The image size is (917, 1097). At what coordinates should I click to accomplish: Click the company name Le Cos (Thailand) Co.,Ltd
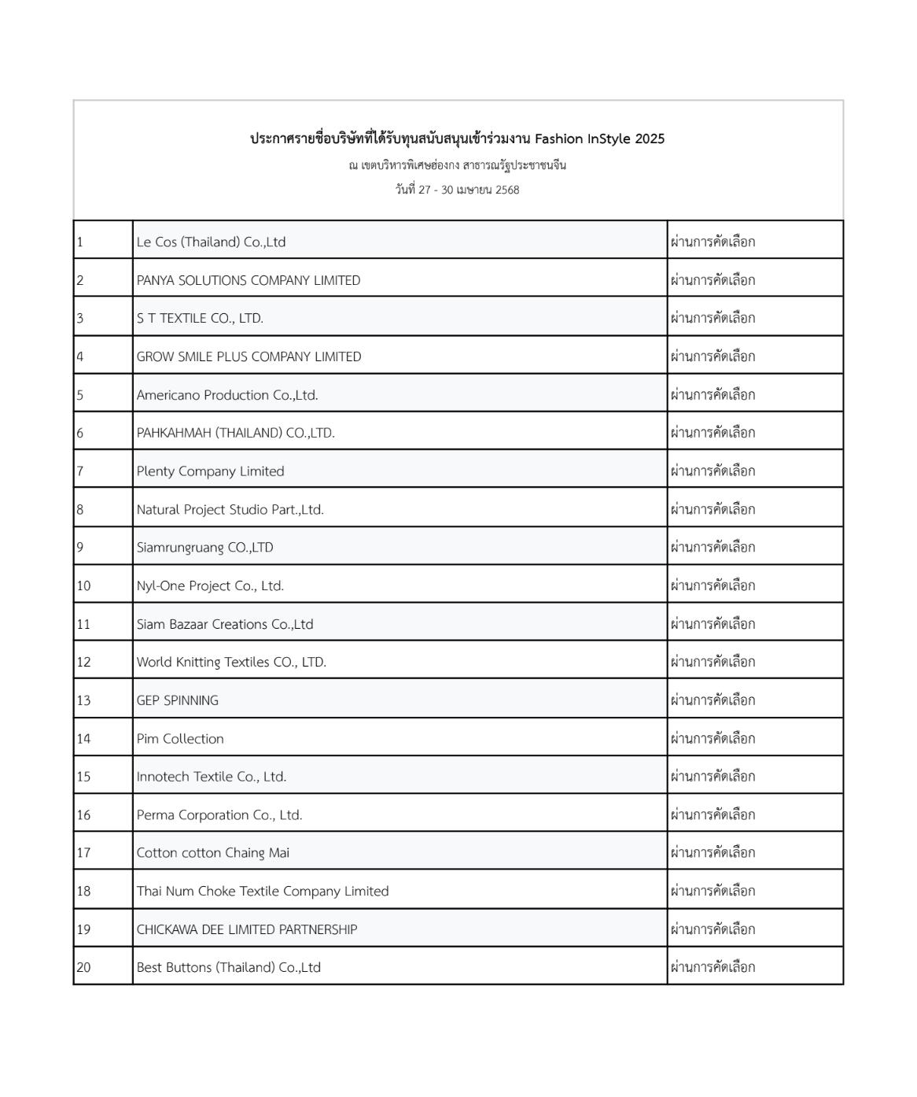click(x=211, y=242)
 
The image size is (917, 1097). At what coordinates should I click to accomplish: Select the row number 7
click(x=80, y=471)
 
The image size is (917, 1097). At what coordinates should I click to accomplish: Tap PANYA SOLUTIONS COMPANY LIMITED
click(x=249, y=281)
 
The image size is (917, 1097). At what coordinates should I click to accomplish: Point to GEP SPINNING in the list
click(x=178, y=700)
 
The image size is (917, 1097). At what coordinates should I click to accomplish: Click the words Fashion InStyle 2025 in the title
click(x=599, y=139)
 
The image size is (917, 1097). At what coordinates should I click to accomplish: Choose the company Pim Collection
click(x=180, y=739)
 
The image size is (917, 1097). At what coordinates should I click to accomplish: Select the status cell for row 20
click(x=713, y=968)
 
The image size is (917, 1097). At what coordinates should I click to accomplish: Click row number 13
click(x=83, y=700)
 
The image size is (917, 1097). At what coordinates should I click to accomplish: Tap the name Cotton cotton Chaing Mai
click(x=213, y=853)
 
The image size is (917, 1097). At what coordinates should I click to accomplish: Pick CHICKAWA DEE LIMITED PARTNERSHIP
click(x=247, y=929)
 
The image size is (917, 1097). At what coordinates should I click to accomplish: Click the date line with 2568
click(x=457, y=190)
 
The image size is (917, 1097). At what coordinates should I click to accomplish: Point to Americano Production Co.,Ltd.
click(x=227, y=395)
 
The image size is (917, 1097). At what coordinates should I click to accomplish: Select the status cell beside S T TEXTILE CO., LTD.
click(x=713, y=319)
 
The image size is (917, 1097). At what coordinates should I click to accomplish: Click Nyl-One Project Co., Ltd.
click(x=210, y=586)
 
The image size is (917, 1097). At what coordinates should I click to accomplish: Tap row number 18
click(x=83, y=892)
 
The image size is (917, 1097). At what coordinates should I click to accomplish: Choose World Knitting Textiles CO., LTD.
click(x=231, y=663)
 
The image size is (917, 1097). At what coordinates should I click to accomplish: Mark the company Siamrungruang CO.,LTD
click(x=204, y=548)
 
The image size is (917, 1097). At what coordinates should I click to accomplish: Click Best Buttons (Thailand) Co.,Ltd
click(x=229, y=968)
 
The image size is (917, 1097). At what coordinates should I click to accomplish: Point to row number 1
click(x=80, y=242)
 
